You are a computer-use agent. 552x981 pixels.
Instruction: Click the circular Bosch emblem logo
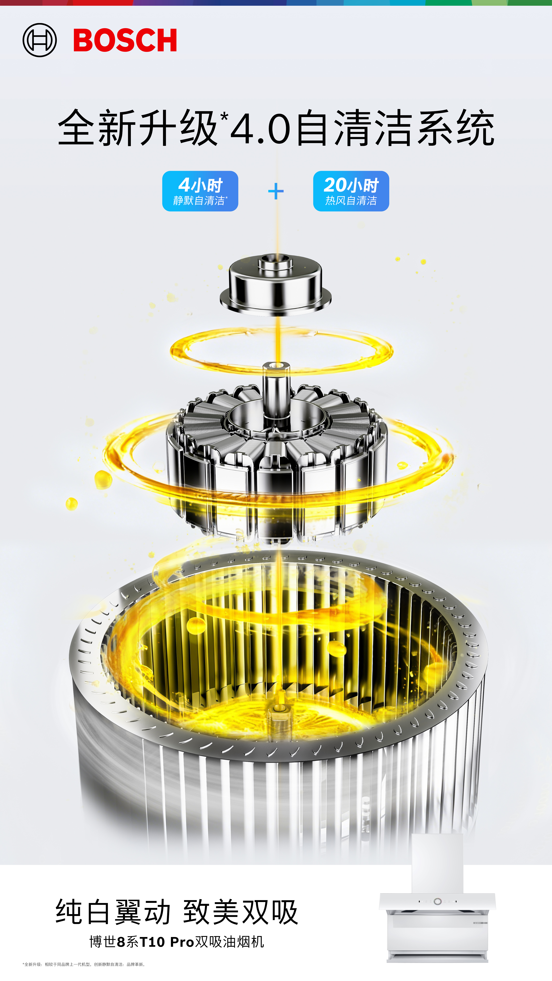tap(40, 40)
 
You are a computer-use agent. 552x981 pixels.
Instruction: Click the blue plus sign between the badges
tap(276, 191)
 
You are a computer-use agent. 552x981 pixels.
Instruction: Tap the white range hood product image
tap(437, 898)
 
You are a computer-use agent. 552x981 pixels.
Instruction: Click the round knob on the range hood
tap(438, 901)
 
